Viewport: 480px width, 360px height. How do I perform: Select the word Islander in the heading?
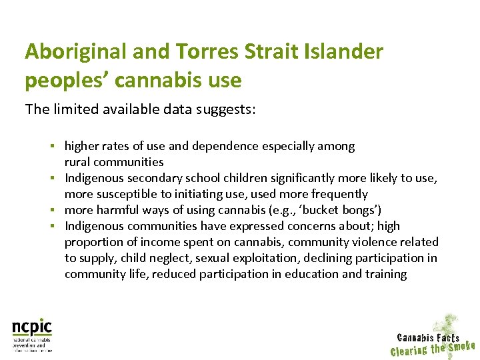pyautogui.click(x=346, y=52)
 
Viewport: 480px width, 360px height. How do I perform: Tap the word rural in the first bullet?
pyautogui.click(x=77, y=161)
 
